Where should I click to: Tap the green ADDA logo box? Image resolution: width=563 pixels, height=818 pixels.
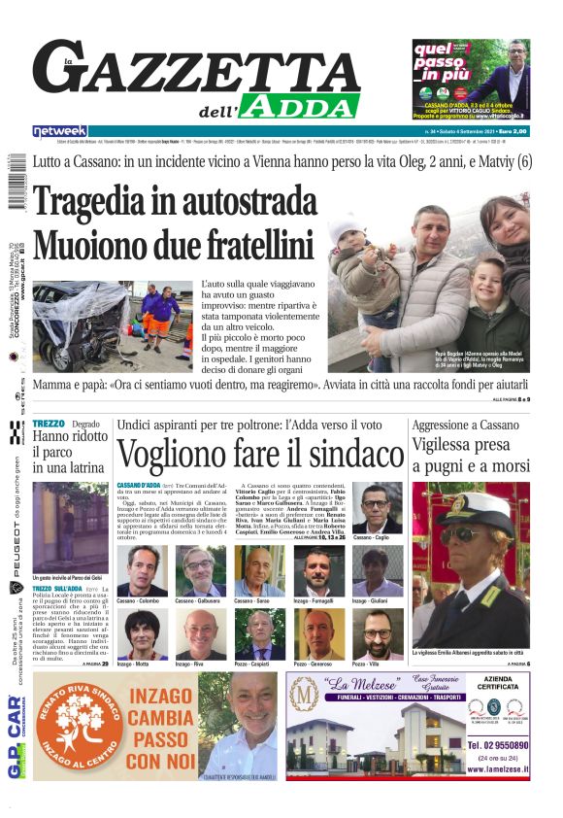point(299,105)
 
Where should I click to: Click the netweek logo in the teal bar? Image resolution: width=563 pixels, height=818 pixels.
point(60,131)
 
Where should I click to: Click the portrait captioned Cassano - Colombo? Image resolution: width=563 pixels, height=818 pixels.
point(142,569)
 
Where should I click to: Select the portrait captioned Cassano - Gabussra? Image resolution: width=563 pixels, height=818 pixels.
point(201,569)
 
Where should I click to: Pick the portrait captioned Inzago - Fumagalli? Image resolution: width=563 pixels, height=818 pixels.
point(319,569)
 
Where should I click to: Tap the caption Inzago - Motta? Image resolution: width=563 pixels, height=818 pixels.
point(134,665)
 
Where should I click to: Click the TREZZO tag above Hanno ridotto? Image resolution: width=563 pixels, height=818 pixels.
point(48,425)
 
